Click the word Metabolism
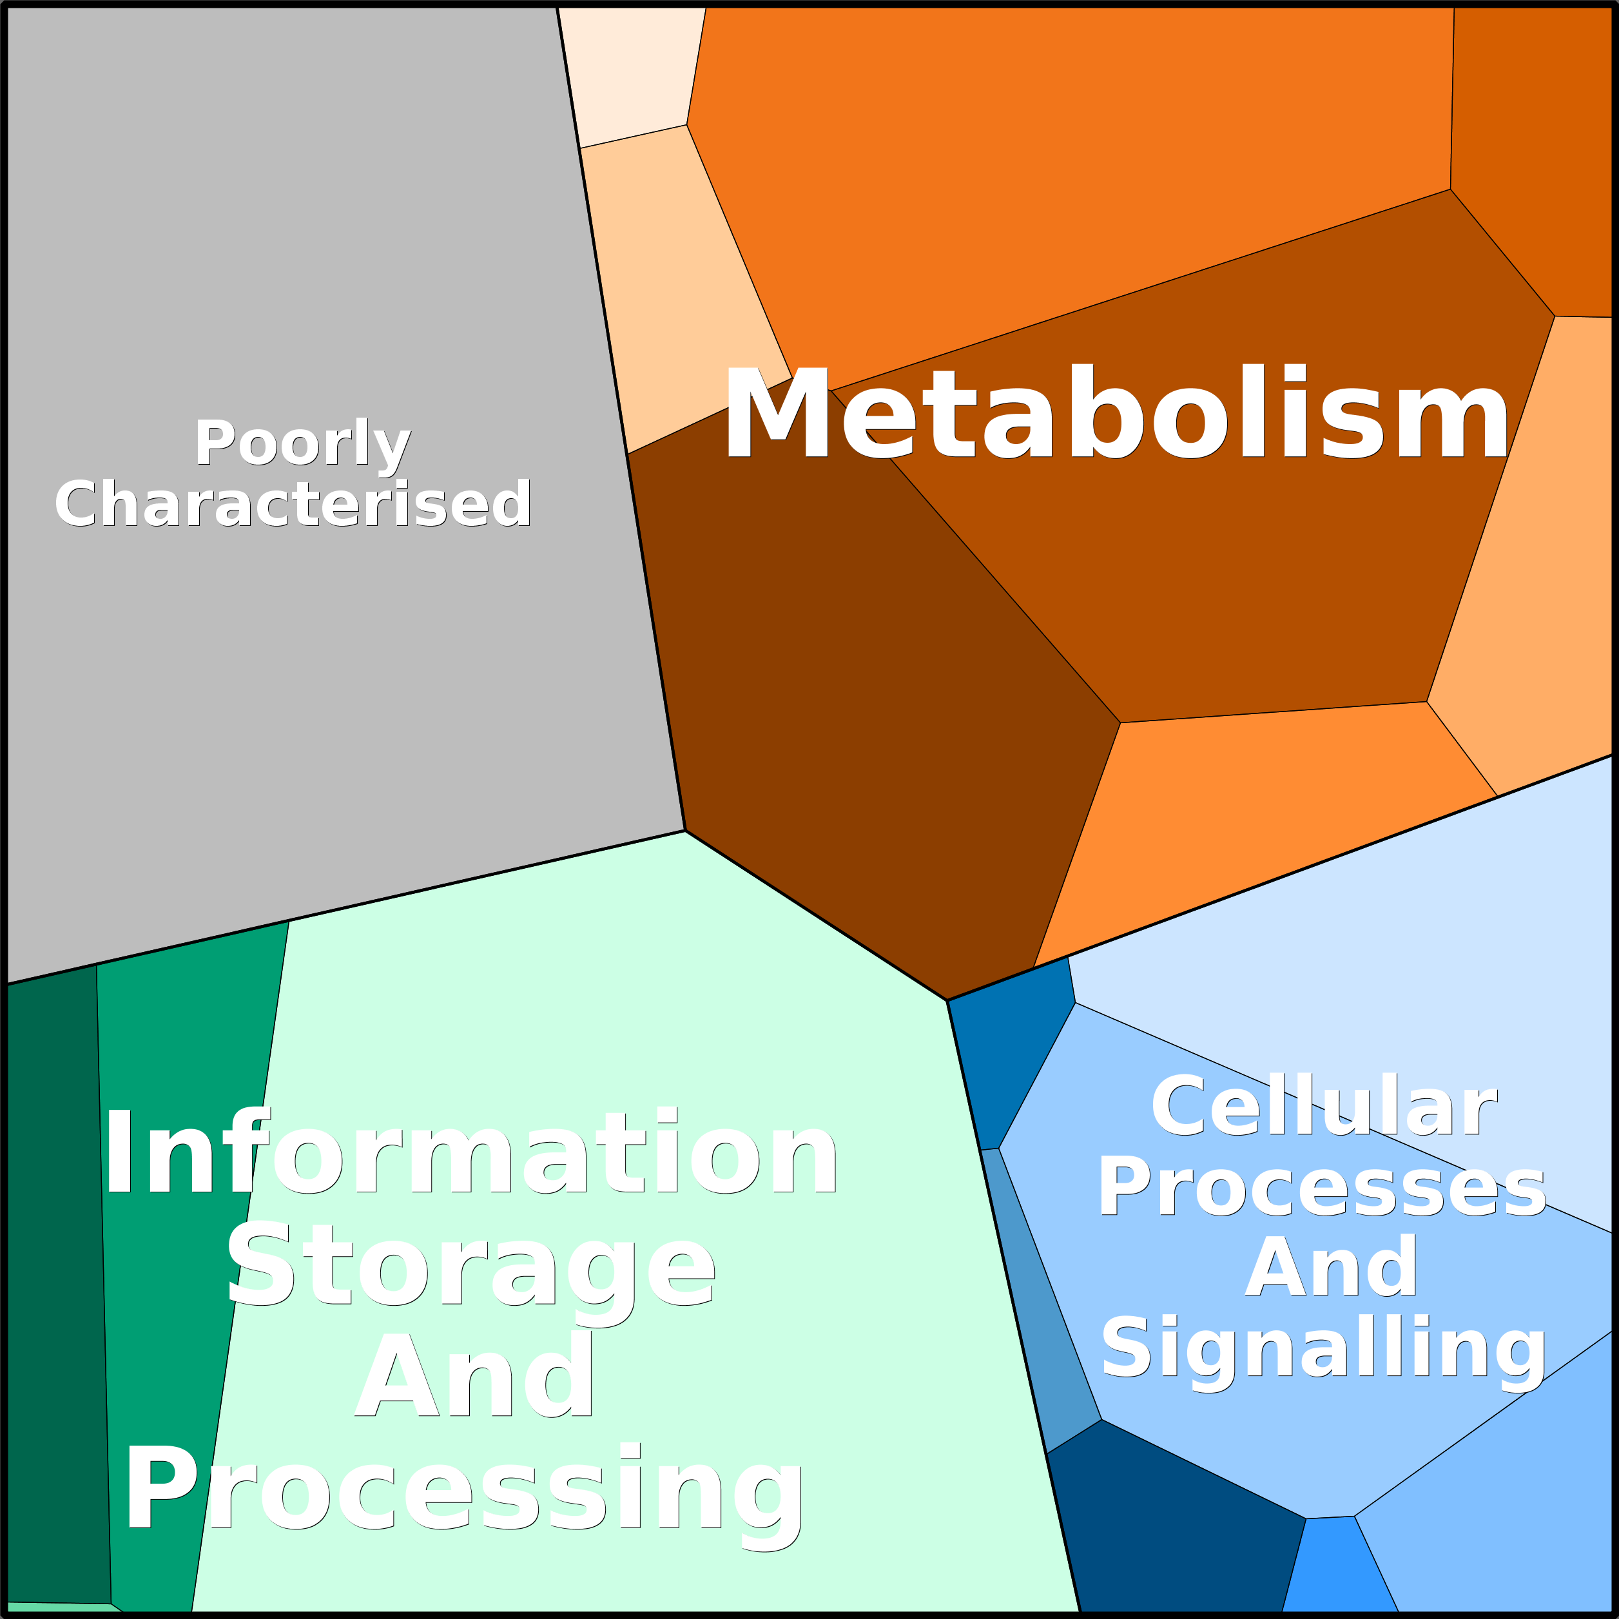pos(1114,412)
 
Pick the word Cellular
pos(1323,1108)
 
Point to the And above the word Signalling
pos(1331,1268)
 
